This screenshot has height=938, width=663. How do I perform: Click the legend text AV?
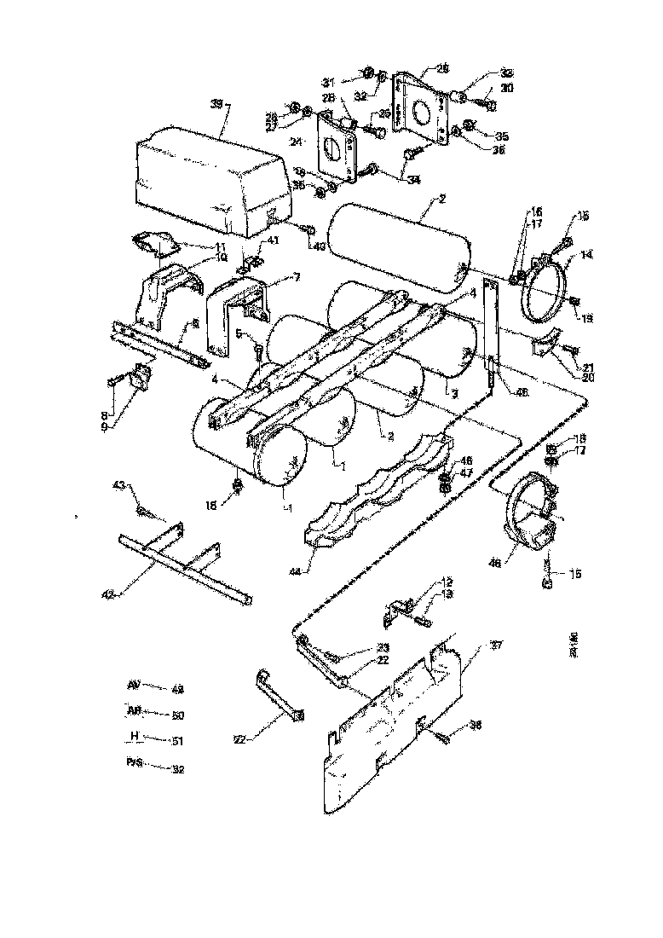pos(133,685)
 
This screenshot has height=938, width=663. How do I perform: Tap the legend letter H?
pos(134,736)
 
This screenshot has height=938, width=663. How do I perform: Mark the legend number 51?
pos(177,741)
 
